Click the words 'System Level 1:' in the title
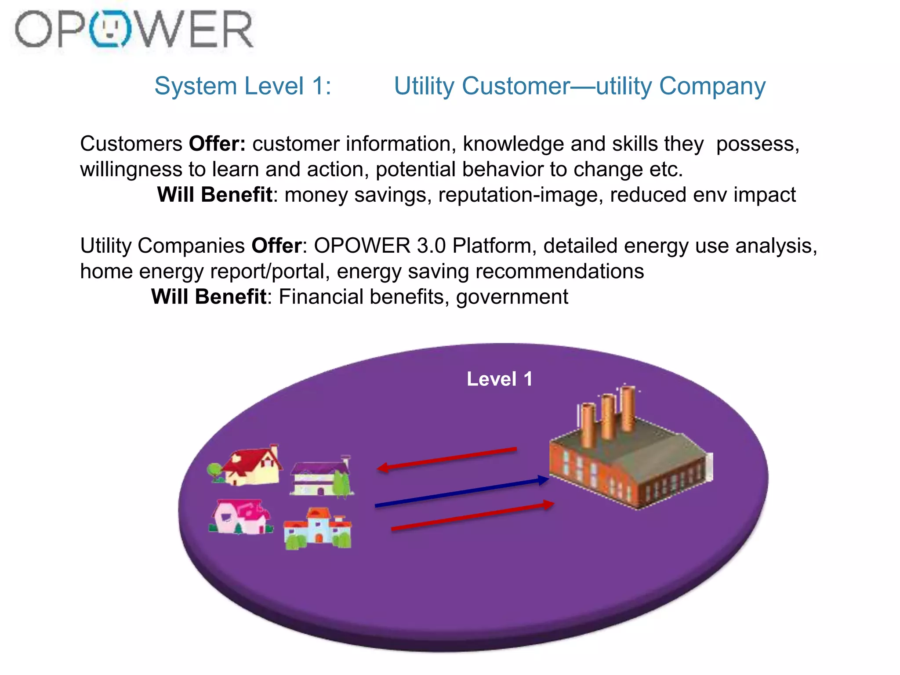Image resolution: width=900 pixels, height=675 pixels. pos(243,86)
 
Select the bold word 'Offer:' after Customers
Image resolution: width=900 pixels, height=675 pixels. pos(217,144)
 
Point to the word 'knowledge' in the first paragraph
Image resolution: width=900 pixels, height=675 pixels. pos(513,144)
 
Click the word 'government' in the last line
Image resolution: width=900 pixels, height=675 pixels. pos(512,297)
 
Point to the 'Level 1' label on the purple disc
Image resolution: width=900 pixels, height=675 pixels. pos(499,379)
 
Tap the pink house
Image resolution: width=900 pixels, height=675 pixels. pos(240,517)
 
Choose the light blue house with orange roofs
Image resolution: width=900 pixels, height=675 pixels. pos(317,528)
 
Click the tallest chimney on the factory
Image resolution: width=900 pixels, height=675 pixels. pos(628,409)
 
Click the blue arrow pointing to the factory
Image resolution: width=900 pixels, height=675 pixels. pos(461,493)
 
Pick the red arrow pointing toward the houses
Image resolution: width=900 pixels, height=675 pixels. pos(446,459)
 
